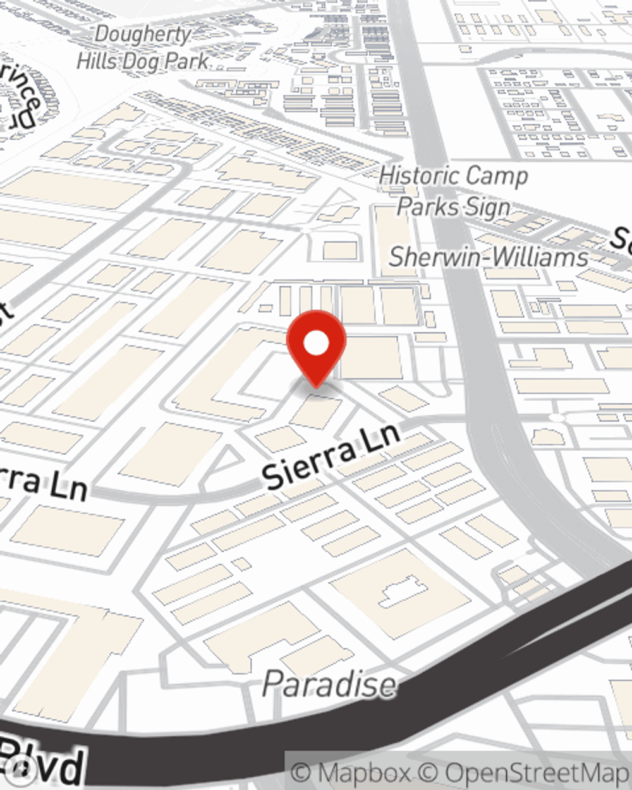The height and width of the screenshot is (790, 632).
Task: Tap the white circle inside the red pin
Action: [316, 344]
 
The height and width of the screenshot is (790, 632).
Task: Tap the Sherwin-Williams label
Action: [488, 257]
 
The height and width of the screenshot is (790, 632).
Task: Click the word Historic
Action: [419, 175]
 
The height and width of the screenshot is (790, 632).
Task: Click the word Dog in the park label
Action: [141, 61]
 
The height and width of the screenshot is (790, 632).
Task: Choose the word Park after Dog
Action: [186, 61]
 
